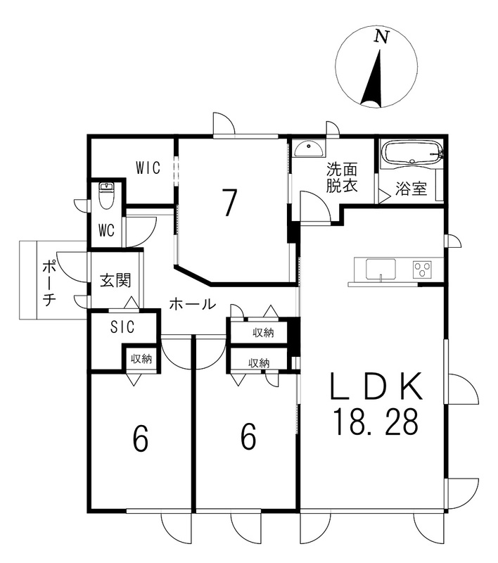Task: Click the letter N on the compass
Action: (382, 37)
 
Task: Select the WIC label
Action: (148, 167)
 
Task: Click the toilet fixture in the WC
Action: (106, 196)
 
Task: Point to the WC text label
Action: (106, 230)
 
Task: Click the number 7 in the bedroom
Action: (229, 203)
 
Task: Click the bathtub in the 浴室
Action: (412, 153)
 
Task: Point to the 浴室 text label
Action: (411, 189)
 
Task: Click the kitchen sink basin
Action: (381, 269)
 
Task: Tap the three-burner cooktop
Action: (423, 269)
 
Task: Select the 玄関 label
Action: (115, 280)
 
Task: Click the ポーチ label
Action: (49, 283)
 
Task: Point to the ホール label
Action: (192, 304)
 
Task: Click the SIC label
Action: (122, 327)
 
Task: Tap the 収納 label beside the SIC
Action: (141, 359)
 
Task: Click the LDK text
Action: (376, 386)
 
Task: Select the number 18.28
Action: (376, 422)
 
